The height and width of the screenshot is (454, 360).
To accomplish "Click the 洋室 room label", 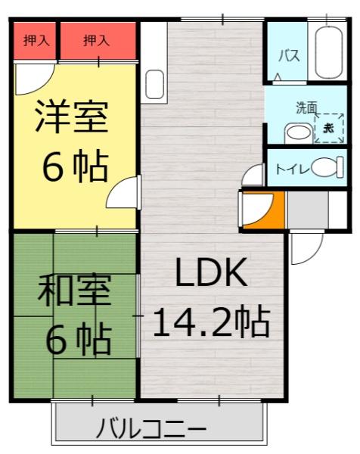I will (73, 117).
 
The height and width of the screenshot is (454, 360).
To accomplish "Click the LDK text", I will (211, 274).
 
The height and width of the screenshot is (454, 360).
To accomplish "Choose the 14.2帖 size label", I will (211, 323).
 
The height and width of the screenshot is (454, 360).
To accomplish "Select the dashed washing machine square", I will (328, 128).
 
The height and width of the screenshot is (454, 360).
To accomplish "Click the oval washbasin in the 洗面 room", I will (298, 133).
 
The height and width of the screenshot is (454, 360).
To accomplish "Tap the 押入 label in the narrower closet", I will (36, 40).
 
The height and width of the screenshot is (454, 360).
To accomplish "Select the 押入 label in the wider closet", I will (96, 40).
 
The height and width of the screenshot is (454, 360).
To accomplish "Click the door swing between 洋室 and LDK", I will (123, 195).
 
